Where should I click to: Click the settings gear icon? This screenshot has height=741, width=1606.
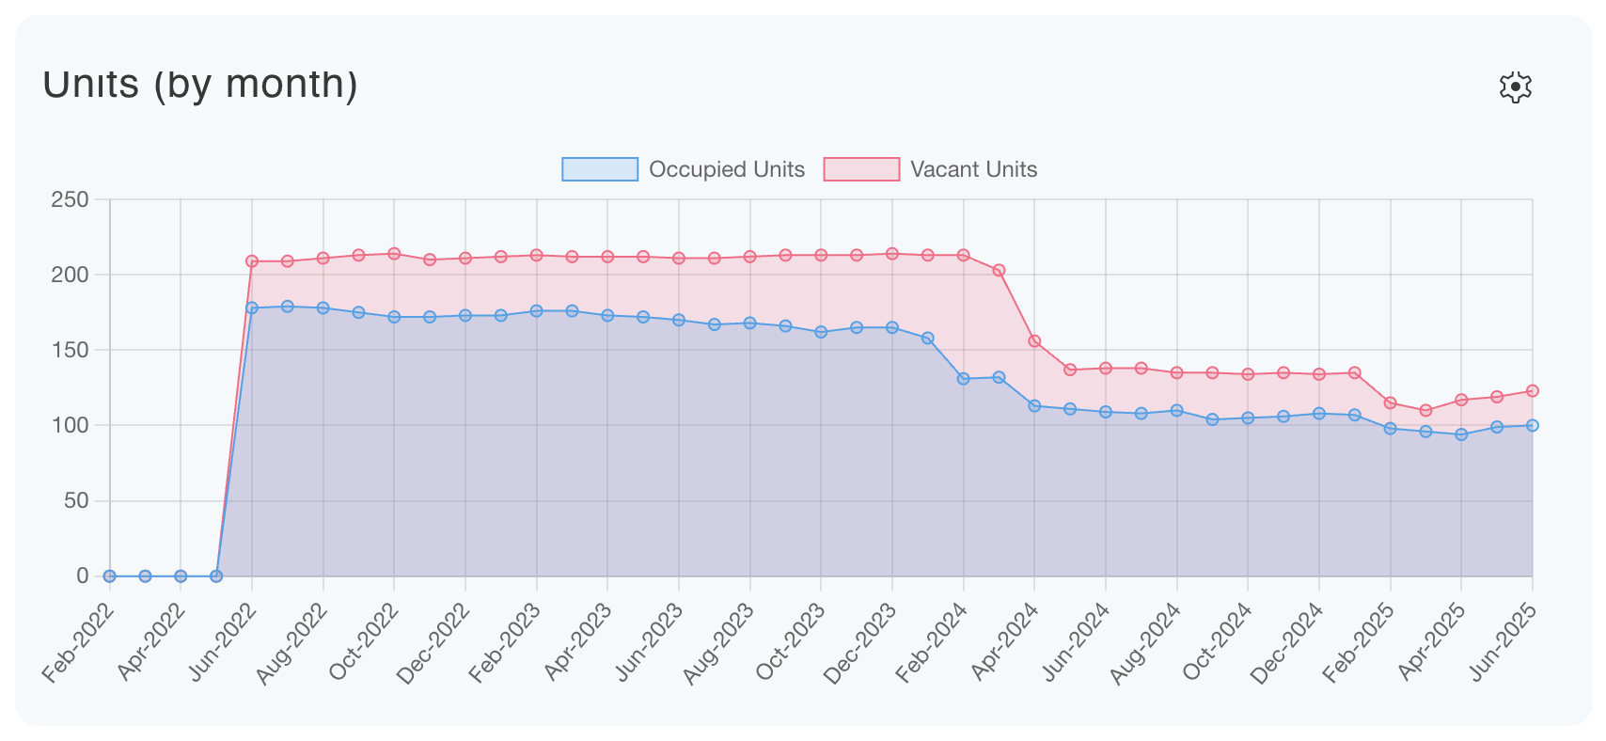pyautogui.click(x=1515, y=87)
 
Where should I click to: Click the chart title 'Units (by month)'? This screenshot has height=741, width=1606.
pyautogui.click(x=200, y=85)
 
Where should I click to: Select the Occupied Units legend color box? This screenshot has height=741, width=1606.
pyautogui.click(x=599, y=169)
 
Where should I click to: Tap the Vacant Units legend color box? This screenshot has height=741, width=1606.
pyautogui.click(x=860, y=169)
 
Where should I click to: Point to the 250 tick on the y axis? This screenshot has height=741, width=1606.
pyautogui.click(x=70, y=199)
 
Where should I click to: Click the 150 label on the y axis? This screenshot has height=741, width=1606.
pyautogui.click(x=70, y=350)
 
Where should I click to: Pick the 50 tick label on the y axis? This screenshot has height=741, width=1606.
pyautogui.click(x=76, y=500)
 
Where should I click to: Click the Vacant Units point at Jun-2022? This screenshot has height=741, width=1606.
pyautogui.click(x=252, y=261)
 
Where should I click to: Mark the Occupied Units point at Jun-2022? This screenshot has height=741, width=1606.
pyautogui.click(x=252, y=307)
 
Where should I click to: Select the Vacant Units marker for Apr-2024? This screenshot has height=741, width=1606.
pyautogui.click(x=1034, y=341)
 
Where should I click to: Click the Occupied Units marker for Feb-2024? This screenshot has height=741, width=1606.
pyautogui.click(x=963, y=379)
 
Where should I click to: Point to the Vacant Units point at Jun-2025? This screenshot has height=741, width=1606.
pyautogui.click(x=1532, y=391)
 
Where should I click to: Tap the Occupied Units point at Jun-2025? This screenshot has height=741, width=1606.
pyautogui.click(x=1532, y=425)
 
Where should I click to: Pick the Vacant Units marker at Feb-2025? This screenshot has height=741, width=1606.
pyautogui.click(x=1390, y=402)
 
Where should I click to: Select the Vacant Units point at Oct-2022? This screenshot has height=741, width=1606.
pyautogui.click(x=394, y=254)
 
